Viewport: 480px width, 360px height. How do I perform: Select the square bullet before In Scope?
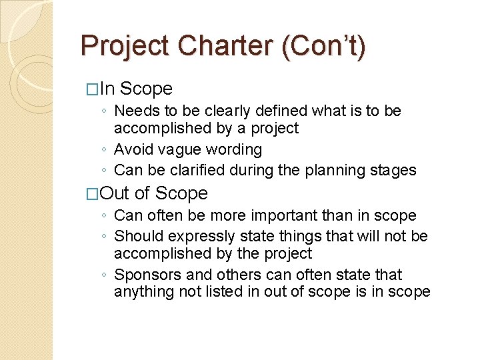pyautogui.click(x=93, y=89)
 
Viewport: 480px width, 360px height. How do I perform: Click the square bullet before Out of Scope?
pyautogui.click(x=93, y=194)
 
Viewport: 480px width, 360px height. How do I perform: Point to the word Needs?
pyautogui.click(x=137, y=111)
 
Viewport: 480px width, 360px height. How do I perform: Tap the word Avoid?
pyautogui.click(x=133, y=149)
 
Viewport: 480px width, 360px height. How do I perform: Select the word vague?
pyautogui.click(x=175, y=149)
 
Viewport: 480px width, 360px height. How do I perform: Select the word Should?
pyautogui.click(x=139, y=236)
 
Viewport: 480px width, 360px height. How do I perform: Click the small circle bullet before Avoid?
pyautogui.click(x=105, y=150)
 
